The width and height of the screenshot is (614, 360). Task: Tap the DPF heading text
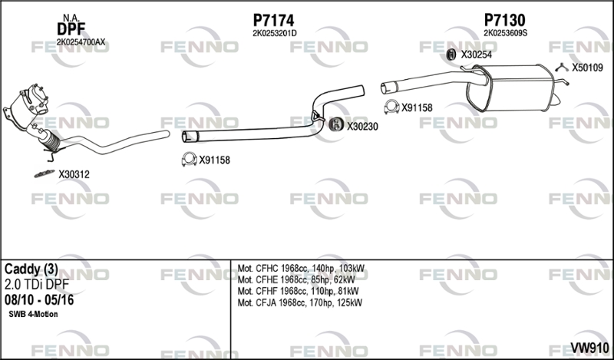point(70,30)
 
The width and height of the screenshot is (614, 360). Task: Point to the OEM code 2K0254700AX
point(70,42)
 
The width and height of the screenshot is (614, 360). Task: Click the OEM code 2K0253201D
point(274,33)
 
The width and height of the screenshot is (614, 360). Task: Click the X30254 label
point(476,54)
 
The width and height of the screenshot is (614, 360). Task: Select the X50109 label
point(587,68)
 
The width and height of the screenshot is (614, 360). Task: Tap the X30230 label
point(362,127)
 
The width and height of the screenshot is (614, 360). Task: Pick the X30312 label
point(74,174)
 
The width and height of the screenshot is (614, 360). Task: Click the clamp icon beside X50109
point(561,67)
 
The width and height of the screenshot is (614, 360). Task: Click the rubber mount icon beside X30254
point(451,54)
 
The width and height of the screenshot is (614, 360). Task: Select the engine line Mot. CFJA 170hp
point(300,303)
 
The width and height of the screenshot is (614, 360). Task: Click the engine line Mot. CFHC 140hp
point(301,269)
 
